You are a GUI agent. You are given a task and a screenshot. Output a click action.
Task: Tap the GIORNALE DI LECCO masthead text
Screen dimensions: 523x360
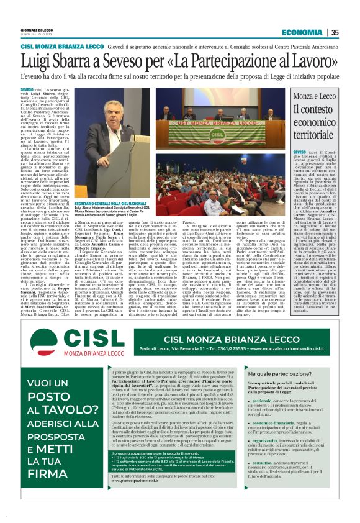coord(37,30)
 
